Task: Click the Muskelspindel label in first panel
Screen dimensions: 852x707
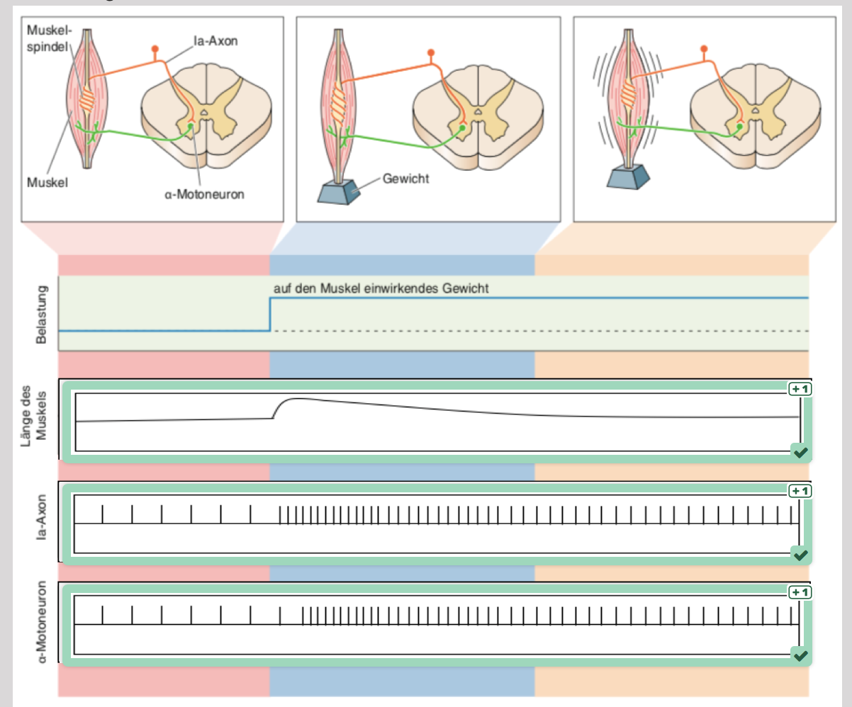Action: click(x=49, y=38)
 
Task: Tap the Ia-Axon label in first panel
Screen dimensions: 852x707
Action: click(x=215, y=41)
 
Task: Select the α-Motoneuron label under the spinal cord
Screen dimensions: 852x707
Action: click(x=204, y=194)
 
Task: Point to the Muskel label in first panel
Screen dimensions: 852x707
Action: click(x=47, y=182)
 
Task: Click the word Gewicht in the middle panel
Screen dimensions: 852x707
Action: click(x=405, y=179)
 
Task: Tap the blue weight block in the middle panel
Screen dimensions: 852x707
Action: click(x=338, y=191)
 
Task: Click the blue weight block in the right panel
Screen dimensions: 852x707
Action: click(x=628, y=176)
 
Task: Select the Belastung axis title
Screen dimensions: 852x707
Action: click(x=41, y=314)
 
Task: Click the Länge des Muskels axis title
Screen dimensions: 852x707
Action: click(x=33, y=416)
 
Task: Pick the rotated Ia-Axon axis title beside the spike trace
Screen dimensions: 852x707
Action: click(x=41, y=518)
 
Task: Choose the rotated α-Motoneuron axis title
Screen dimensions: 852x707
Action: click(x=41, y=622)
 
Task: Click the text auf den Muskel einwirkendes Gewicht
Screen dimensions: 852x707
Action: click(x=381, y=288)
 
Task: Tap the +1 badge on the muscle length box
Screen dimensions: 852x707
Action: click(x=800, y=389)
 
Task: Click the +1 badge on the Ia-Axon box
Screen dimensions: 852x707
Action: click(x=800, y=491)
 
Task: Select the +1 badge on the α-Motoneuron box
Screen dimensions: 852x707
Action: click(x=800, y=592)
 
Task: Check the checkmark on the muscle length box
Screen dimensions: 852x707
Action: click(x=800, y=452)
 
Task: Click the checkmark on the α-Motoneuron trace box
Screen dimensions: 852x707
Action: click(x=800, y=655)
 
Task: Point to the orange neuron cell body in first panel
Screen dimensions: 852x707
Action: click(x=155, y=49)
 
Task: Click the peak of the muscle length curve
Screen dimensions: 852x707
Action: click(x=295, y=399)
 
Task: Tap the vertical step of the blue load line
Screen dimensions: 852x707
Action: click(x=270, y=315)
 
